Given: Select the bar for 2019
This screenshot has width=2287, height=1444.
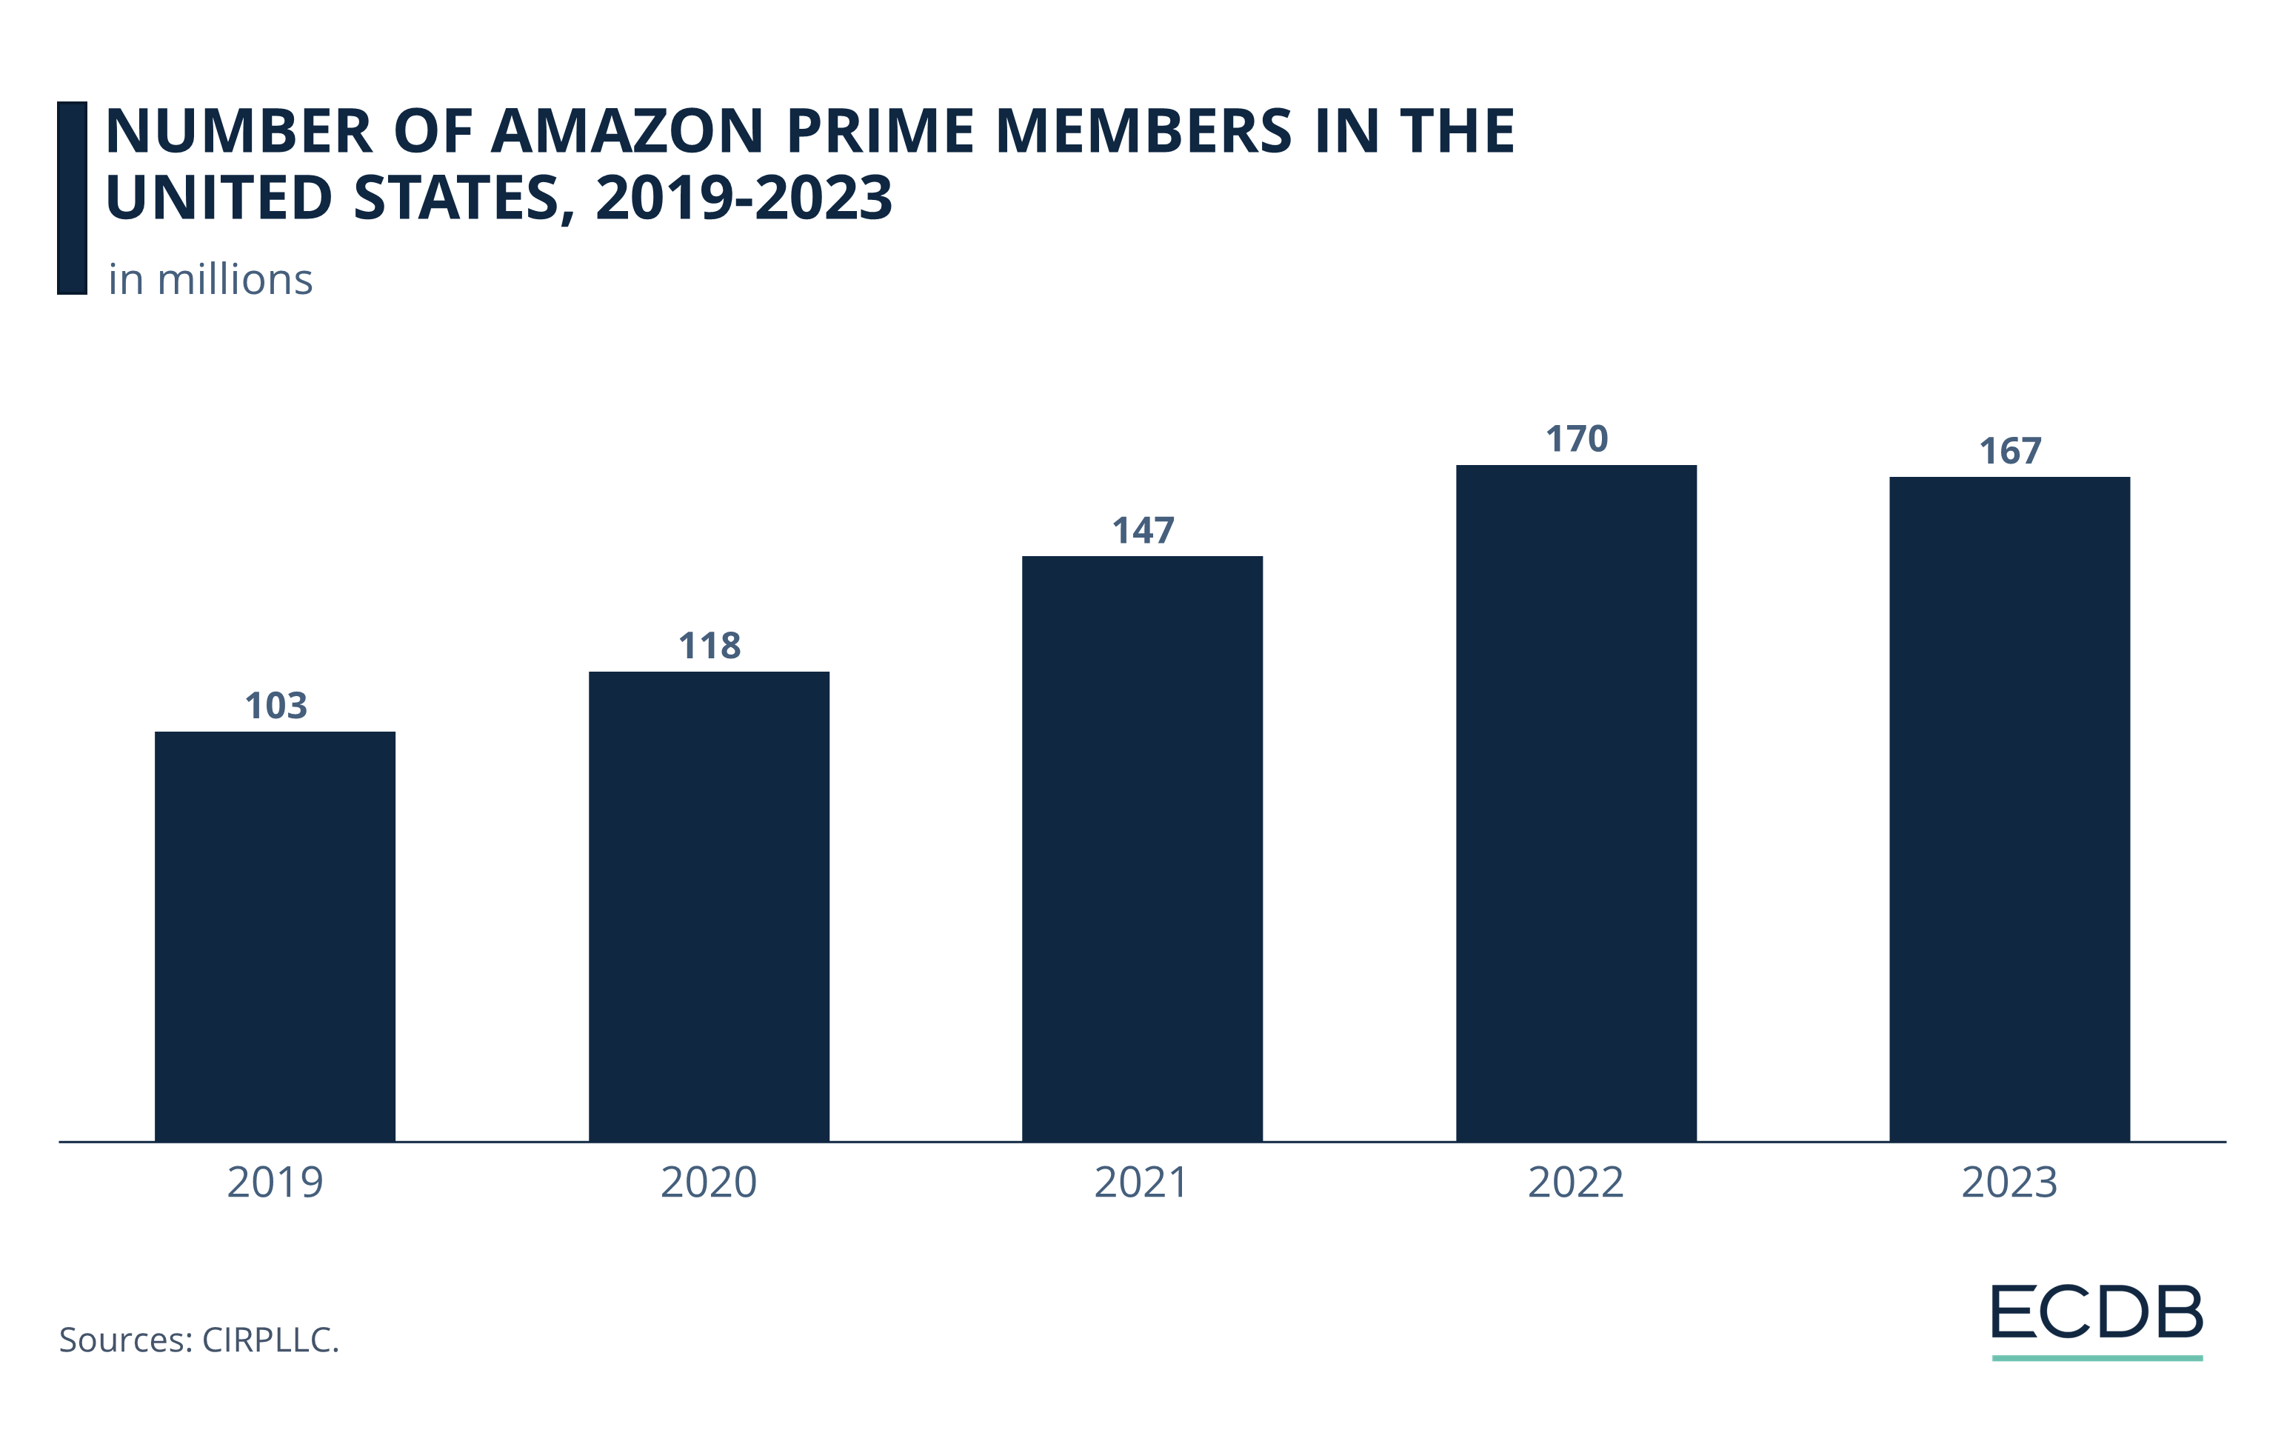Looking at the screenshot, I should [x=275, y=936].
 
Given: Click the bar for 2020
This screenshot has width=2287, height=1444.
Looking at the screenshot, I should [x=709, y=906].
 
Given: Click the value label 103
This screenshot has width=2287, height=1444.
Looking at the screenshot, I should [x=276, y=706].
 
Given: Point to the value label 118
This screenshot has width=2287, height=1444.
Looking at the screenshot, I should [x=709, y=646].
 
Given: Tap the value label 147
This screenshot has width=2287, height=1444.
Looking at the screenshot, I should [x=1143, y=529].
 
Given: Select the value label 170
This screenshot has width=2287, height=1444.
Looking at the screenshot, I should [x=1577, y=438].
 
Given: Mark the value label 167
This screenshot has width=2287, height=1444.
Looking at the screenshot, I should [x=2010, y=451].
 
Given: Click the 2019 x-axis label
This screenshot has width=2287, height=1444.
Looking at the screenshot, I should [x=275, y=1182].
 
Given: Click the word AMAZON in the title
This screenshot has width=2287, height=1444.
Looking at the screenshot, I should [x=627, y=131].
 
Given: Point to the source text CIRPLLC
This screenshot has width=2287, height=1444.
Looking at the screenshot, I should [x=270, y=1340].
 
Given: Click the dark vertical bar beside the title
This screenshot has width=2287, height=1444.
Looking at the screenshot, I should [x=72, y=198].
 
